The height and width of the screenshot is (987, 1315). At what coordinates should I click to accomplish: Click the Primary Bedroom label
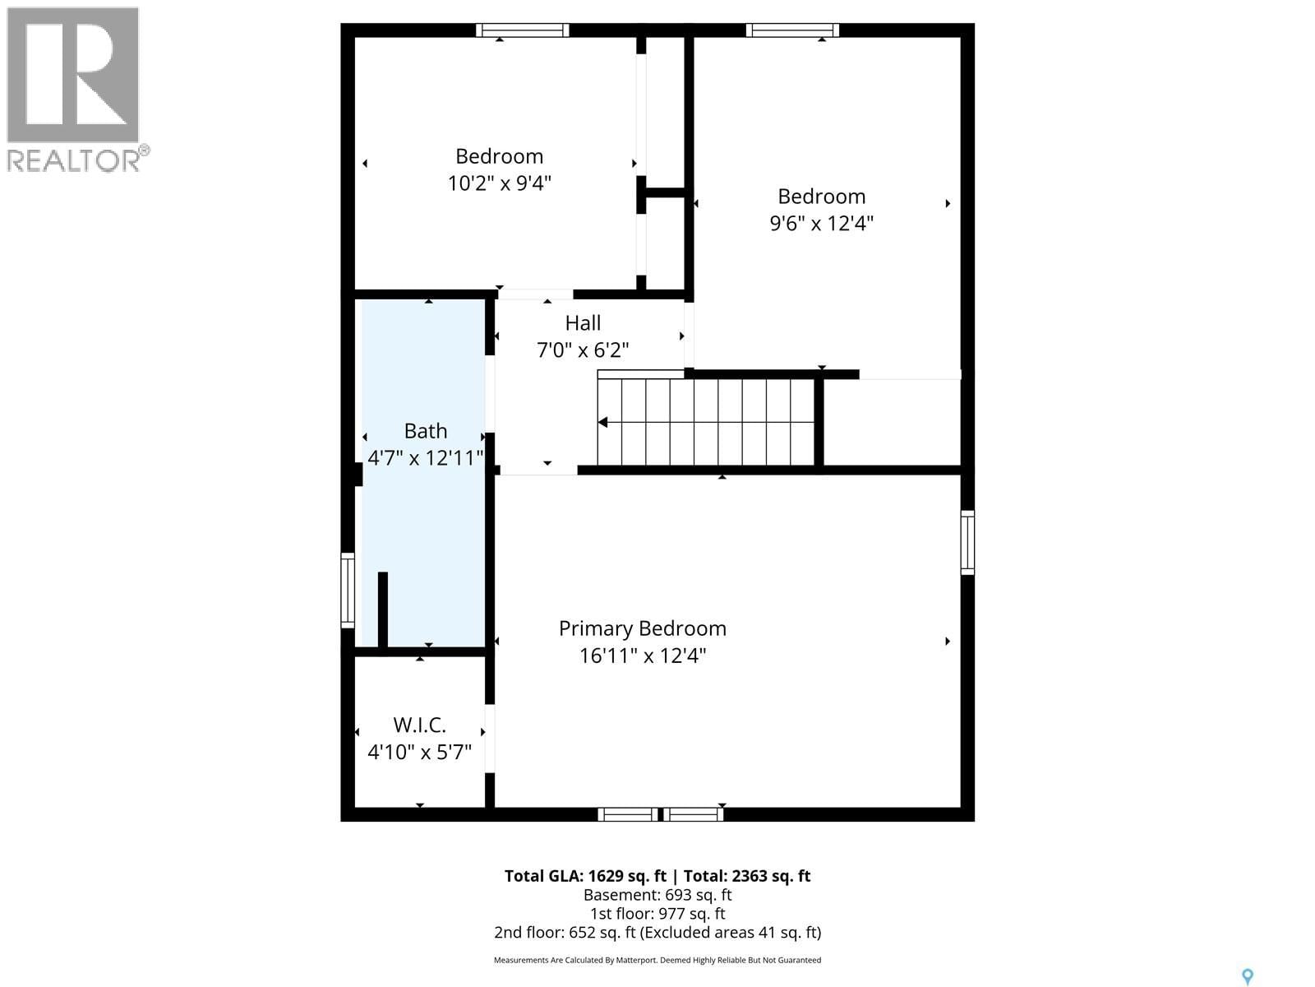[642, 628]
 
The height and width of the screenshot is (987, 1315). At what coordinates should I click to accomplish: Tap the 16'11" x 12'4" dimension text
[642, 656]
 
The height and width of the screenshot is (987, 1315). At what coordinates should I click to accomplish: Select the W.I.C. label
[419, 725]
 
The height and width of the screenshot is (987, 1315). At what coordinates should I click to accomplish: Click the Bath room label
[426, 431]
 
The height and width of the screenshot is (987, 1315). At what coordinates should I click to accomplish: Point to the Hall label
[583, 323]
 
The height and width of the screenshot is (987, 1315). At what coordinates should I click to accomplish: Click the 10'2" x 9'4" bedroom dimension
[499, 183]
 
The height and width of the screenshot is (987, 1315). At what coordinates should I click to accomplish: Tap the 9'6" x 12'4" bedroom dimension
[821, 223]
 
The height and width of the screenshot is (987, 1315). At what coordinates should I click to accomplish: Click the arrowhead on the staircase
[602, 423]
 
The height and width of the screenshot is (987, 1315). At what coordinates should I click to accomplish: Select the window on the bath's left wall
[348, 591]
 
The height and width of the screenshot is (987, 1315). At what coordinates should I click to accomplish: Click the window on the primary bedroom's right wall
[967, 542]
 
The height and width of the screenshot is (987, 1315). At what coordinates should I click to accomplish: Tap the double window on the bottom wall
[661, 814]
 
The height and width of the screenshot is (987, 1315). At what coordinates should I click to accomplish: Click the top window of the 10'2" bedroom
[523, 30]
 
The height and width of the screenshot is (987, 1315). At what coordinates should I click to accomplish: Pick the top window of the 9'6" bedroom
[792, 30]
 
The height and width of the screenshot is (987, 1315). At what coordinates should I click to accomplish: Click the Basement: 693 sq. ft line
[657, 895]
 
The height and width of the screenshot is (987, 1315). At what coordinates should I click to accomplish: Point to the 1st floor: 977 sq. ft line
[657, 914]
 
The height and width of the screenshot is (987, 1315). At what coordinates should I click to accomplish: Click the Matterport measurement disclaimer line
[657, 960]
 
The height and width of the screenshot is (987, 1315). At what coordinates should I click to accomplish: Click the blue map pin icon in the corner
[1247, 976]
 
